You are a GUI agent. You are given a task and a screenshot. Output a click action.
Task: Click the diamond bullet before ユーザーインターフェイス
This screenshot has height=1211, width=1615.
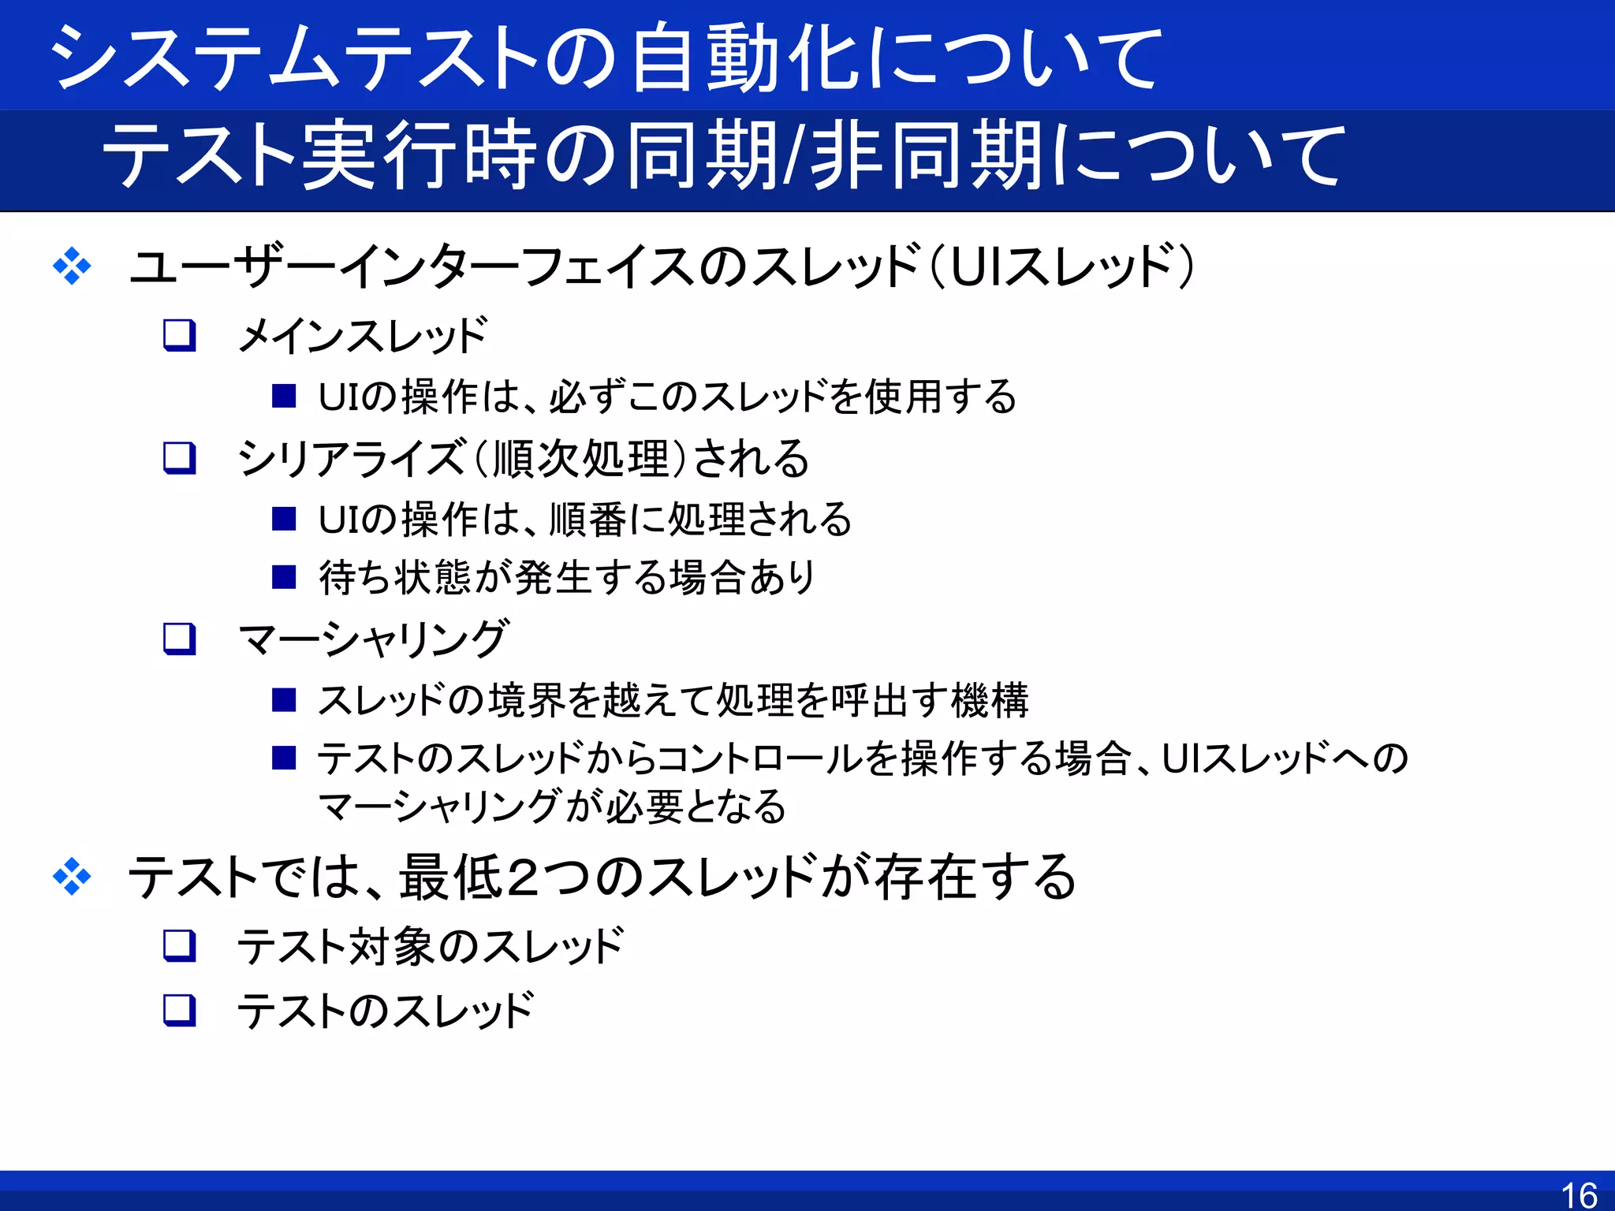(x=72, y=266)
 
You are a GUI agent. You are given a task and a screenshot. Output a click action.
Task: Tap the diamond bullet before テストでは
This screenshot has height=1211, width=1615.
(x=72, y=877)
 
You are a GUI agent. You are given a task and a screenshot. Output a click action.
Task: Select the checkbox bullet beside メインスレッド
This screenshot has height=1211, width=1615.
(x=179, y=335)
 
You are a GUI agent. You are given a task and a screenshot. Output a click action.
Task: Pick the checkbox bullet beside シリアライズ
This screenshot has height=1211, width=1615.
(x=179, y=458)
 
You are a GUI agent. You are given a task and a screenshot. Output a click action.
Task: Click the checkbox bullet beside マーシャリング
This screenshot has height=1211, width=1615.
(x=179, y=639)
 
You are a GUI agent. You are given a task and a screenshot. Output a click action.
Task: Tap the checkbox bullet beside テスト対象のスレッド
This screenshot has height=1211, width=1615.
(x=179, y=945)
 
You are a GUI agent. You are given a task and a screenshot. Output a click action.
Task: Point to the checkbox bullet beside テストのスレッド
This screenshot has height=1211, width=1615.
(x=179, y=1010)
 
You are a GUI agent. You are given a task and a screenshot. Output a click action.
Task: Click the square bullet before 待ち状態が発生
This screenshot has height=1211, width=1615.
(x=284, y=577)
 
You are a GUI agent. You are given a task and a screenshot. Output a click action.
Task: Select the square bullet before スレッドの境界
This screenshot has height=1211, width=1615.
(x=284, y=699)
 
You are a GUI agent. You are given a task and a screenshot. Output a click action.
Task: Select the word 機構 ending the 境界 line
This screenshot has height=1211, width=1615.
(x=990, y=700)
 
